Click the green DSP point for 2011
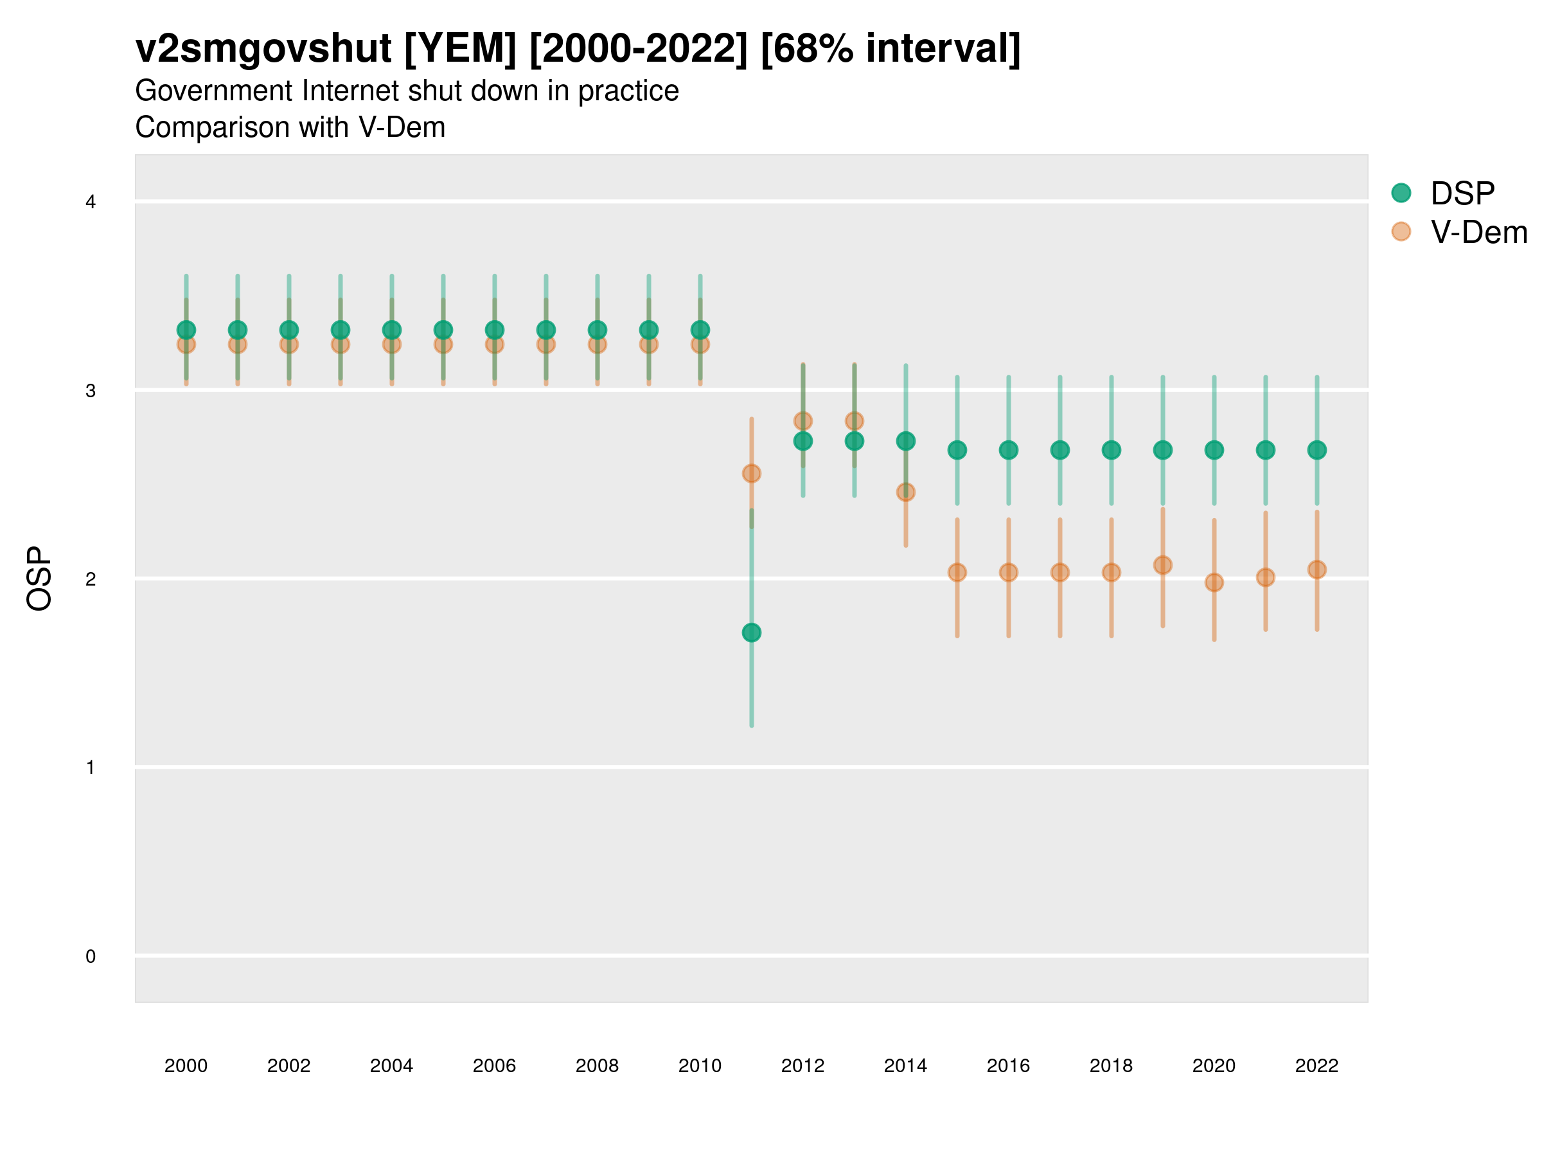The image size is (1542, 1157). click(x=752, y=632)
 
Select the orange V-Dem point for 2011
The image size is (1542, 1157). click(x=752, y=474)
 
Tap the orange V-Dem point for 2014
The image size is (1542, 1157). click(x=905, y=492)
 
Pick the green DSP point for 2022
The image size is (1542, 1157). click(x=1317, y=451)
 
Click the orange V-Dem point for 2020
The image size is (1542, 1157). click(x=1214, y=582)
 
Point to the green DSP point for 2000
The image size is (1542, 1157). click(x=186, y=330)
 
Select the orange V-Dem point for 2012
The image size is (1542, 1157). click(x=803, y=421)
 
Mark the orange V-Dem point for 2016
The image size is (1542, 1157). click(x=1009, y=573)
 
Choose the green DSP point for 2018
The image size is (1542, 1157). click(x=1111, y=451)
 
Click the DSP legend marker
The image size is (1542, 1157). click(x=1401, y=193)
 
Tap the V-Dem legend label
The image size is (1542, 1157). click(x=1478, y=232)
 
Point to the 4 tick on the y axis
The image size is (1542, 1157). click(x=91, y=202)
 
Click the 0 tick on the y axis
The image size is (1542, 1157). click(x=91, y=956)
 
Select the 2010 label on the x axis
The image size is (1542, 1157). click(x=700, y=1066)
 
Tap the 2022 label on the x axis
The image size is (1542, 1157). click(x=1317, y=1066)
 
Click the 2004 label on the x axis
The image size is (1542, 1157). click(x=392, y=1066)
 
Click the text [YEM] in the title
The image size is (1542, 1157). click(x=460, y=49)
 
